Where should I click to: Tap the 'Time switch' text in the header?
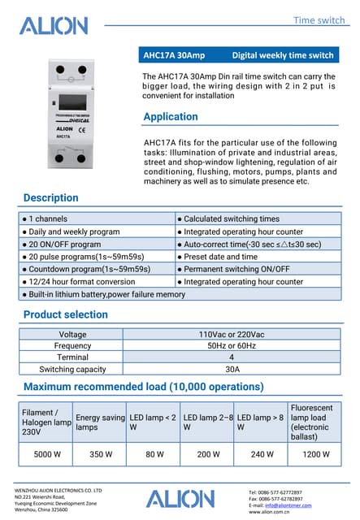point(319,19)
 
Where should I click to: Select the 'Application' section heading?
point(170,117)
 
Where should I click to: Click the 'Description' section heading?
point(51,197)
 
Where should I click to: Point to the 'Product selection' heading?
point(65,314)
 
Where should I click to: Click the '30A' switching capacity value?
point(232,369)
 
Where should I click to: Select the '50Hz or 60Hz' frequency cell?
point(232,345)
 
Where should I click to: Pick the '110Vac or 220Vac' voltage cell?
point(232,334)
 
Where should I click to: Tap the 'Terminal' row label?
point(72,357)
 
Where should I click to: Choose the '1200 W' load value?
point(315,454)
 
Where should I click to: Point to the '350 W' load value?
point(100,454)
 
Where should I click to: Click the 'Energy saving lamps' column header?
point(100,422)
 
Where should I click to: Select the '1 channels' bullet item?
point(48,219)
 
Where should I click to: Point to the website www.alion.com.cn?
point(271,513)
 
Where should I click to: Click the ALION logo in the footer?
point(180,500)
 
